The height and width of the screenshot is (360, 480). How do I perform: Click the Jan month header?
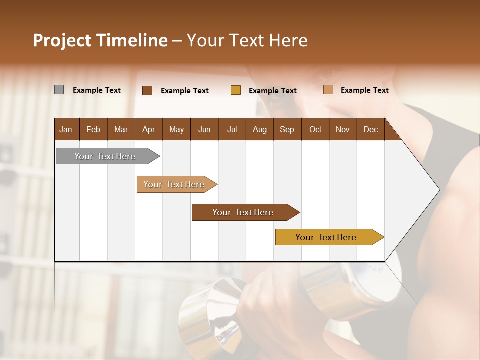[x=66, y=129]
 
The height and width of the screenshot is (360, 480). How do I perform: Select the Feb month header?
[x=93, y=129]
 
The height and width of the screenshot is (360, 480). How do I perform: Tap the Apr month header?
[x=148, y=129]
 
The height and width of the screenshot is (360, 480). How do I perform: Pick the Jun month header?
[x=204, y=129]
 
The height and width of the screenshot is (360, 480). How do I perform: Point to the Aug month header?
[x=259, y=129]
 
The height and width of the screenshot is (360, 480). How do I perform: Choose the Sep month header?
[x=287, y=129]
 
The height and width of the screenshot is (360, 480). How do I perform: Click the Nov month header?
[x=342, y=129]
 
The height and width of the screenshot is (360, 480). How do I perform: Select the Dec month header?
[x=370, y=129]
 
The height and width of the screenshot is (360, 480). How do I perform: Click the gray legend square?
[x=59, y=90]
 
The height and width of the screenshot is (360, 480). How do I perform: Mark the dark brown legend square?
[x=147, y=90]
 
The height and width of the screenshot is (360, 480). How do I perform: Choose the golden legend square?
[x=236, y=90]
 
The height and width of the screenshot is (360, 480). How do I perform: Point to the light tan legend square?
[x=328, y=90]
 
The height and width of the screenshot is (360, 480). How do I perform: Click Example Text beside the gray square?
[x=97, y=90]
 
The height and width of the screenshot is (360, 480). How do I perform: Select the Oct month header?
[x=315, y=129]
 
